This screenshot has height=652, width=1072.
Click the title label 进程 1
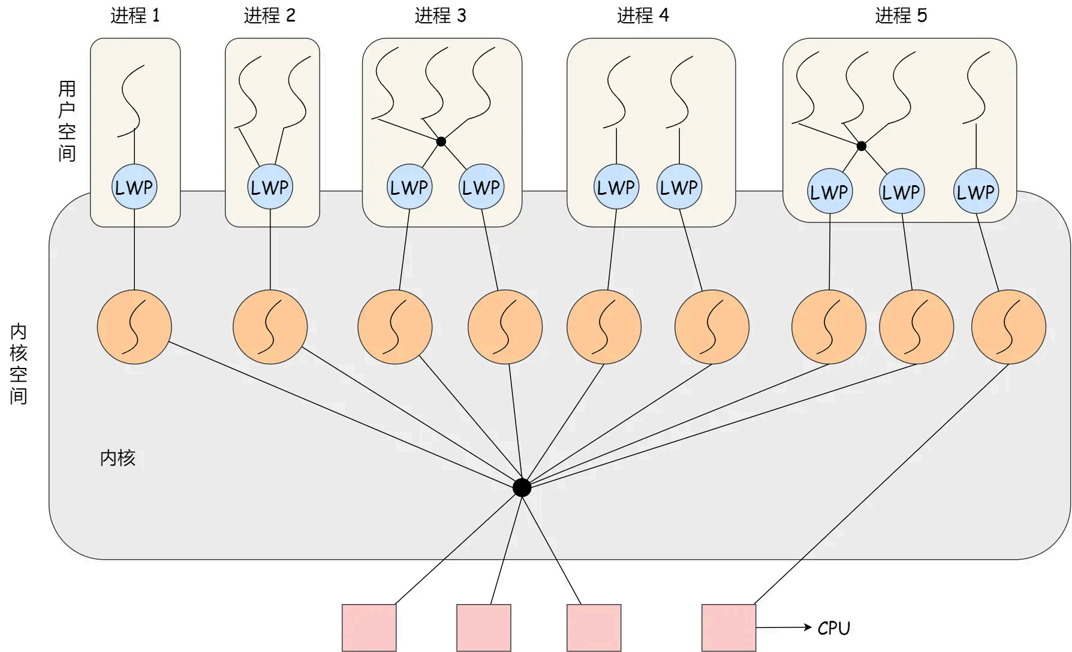pyautogui.click(x=135, y=16)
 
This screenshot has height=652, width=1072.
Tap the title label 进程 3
pyautogui.click(x=440, y=16)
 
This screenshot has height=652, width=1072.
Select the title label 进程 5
pyautogui.click(x=901, y=16)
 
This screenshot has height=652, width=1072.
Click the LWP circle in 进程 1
pyautogui.click(x=134, y=187)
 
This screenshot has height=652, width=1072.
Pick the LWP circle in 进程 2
pyautogui.click(x=270, y=187)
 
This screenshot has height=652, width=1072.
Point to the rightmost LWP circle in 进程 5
pyautogui.click(x=975, y=192)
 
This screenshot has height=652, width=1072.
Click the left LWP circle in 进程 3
pyautogui.click(x=409, y=187)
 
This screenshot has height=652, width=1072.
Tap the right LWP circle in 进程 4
pyautogui.click(x=679, y=187)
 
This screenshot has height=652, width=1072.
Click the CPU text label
pyautogui.click(x=834, y=628)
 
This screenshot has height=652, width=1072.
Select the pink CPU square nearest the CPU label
pyautogui.click(x=728, y=627)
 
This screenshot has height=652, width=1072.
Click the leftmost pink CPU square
pyautogui.click(x=369, y=627)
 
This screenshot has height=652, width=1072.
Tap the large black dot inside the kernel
pyautogui.click(x=522, y=488)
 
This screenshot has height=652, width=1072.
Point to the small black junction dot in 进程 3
pyautogui.click(x=441, y=142)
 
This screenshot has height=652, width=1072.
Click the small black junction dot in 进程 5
pyautogui.click(x=862, y=146)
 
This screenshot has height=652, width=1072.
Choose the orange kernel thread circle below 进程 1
pyautogui.click(x=134, y=327)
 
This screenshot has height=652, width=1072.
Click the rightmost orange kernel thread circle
pyautogui.click(x=1008, y=327)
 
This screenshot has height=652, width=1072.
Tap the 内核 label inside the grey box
pyautogui.click(x=118, y=458)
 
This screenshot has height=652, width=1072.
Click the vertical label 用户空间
pyautogui.click(x=67, y=121)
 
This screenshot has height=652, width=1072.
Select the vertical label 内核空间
pyautogui.click(x=19, y=364)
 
